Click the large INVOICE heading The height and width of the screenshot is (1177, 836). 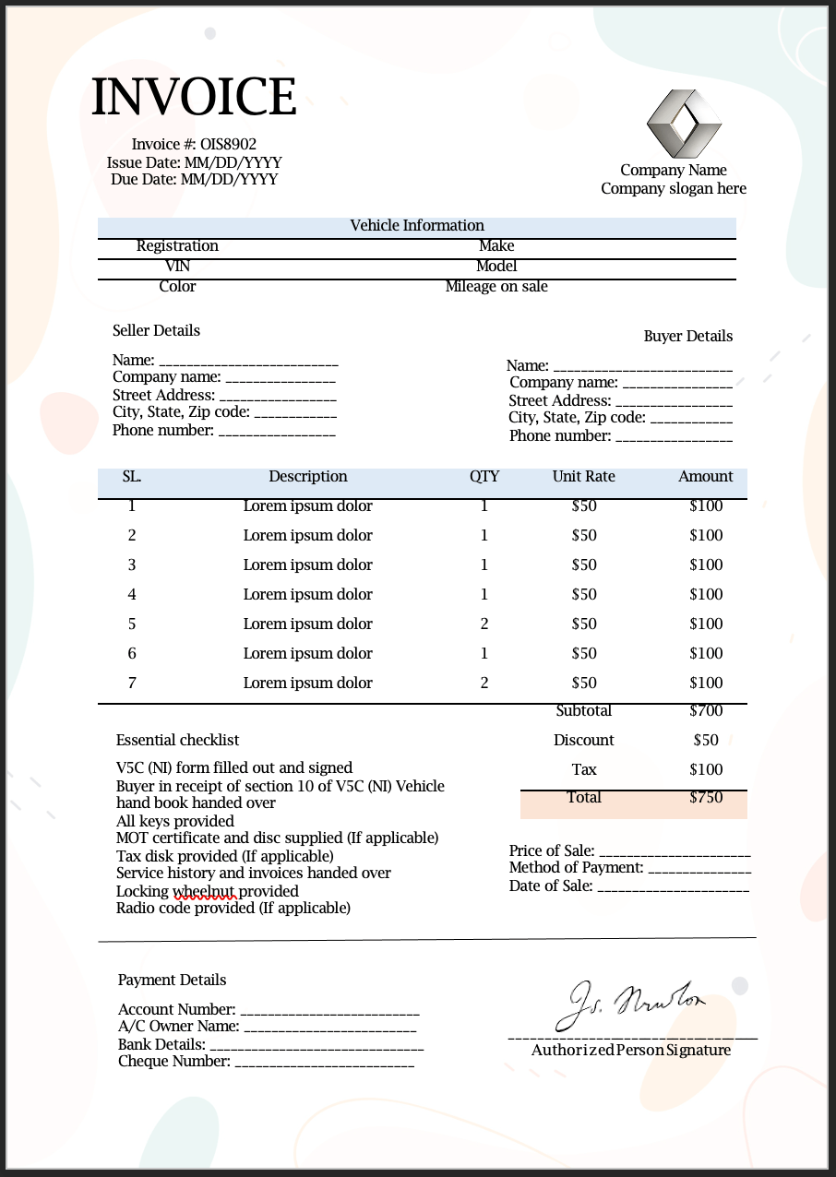coord(194,97)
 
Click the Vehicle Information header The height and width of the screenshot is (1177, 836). coord(417,226)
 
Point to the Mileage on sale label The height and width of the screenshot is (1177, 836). coord(496,287)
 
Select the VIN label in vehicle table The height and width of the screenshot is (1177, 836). coord(177,267)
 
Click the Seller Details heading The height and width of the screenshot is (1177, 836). coord(156,331)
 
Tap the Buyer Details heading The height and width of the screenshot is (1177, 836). coord(687,337)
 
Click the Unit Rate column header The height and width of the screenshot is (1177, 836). coord(583,477)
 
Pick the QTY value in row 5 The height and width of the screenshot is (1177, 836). coord(484,624)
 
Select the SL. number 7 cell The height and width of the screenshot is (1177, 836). coord(132,684)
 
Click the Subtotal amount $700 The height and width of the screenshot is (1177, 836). coord(706,711)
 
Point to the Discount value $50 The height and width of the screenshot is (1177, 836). coord(706,741)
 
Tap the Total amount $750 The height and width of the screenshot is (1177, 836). coord(706,798)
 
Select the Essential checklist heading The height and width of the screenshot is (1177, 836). coord(177,741)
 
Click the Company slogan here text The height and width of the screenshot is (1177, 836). coord(674,189)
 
